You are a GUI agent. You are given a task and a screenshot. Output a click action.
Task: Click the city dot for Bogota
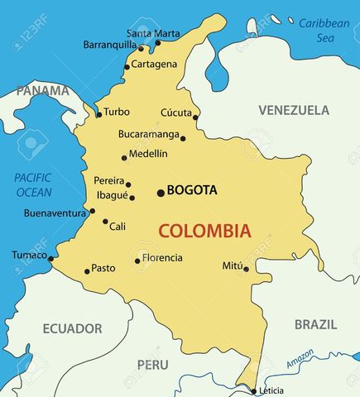coord(161,193)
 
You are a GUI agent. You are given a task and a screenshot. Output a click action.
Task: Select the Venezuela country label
coord(293,110)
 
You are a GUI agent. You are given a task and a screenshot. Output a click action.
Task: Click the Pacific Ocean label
coord(33,184)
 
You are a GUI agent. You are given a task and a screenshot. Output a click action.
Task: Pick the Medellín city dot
coord(125,157)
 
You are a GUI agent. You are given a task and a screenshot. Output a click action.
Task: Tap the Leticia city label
coord(271,390)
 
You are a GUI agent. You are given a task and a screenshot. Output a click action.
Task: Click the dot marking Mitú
coord(246,268)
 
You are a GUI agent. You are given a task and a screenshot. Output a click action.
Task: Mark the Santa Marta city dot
coord(158,43)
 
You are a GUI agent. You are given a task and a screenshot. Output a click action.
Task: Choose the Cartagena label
coord(155,65)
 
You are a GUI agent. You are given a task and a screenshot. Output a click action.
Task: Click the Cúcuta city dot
coord(195,117)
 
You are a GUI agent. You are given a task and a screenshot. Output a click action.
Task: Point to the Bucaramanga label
coord(148,133)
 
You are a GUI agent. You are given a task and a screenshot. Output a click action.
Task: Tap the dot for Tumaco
coord(50,259)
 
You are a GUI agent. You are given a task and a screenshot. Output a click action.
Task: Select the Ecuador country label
coord(72,328)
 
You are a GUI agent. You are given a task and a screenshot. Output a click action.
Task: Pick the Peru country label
coord(152,365)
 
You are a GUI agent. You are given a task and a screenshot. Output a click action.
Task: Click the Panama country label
coord(42,89)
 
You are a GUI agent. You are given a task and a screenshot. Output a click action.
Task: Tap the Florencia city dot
coord(137,261)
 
